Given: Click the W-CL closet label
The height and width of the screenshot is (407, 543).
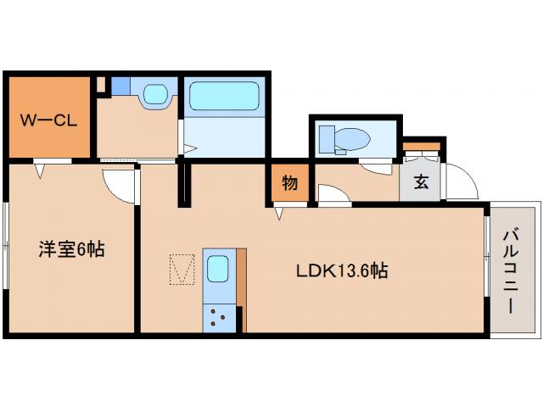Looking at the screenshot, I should tap(48, 120).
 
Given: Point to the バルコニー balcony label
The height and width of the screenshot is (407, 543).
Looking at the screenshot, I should tap(511, 270).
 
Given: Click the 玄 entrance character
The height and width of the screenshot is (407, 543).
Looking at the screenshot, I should tap(421, 181).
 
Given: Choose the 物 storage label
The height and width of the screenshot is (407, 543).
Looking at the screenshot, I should tap(289, 182).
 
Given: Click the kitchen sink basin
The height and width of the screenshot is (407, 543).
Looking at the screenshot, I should tap(216, 270).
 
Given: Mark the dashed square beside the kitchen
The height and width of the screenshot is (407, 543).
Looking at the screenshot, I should tap(182, 270).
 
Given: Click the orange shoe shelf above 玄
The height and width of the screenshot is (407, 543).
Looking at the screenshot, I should tap(421, 147).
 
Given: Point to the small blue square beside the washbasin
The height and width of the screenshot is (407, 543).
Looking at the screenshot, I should tap(121, 86).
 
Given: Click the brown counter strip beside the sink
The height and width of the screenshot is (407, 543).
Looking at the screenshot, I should tap(241, 280).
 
